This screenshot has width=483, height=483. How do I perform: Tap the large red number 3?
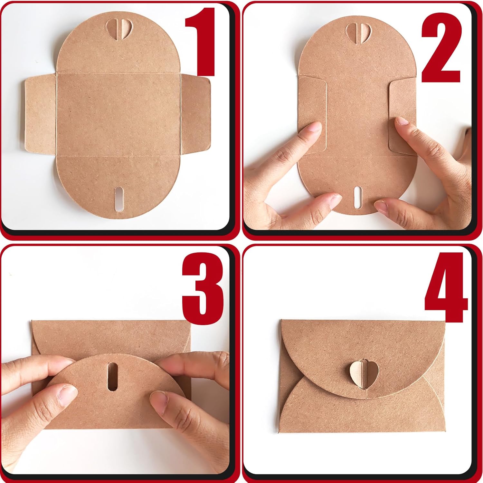tap(203, 288)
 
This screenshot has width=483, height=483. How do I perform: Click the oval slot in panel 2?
tap(357, 196)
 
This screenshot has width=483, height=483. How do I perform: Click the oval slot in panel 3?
tap(113, 376)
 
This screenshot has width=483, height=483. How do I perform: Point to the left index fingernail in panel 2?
tap(314, 127)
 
